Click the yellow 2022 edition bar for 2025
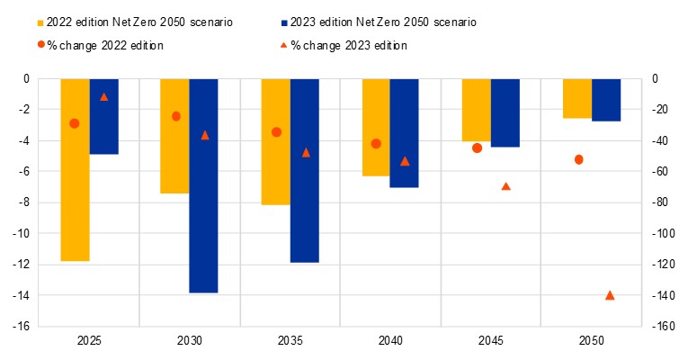[x=75, y=169]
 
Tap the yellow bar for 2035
[x=275, y=141]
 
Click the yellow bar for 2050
[x=577, y=98]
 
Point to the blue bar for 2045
[x=505, y=112]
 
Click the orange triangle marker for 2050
[x=610, y=295]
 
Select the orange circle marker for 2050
[x=578, y=159]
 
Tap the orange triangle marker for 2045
[x=505, y=186]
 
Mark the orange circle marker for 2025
[x=75, y=123]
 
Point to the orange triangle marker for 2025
[x=103, y=97]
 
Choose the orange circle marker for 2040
[x=376, y=143]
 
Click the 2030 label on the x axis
[x=190, y=342]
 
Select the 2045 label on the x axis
[x=490, y=342]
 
